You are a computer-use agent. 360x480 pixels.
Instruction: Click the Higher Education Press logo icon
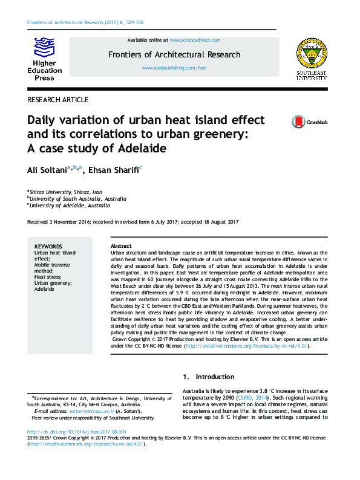[43, 48]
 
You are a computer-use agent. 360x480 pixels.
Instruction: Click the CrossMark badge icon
[310, 122]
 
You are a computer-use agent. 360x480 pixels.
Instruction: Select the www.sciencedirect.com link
[195, 40]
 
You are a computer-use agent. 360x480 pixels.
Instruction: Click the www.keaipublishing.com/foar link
[174, 68]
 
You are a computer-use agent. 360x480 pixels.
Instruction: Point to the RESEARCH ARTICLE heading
[58, 100]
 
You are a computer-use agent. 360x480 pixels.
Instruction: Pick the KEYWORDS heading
[48, 247]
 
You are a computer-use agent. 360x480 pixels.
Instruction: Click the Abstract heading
[122, 247]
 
